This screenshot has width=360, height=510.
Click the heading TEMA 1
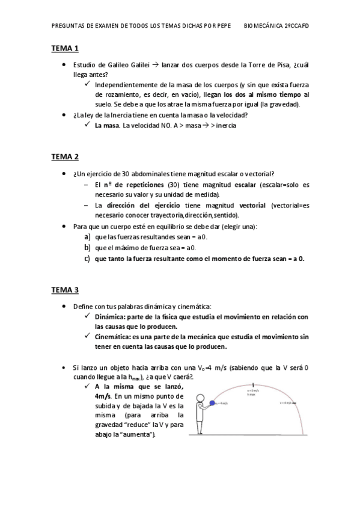click(64, 48)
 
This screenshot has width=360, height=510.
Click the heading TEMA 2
click(64, 157)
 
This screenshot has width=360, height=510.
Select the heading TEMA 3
click(64, 290)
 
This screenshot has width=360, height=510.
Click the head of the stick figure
click(201, 397)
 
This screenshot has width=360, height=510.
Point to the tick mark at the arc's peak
click(253, 384)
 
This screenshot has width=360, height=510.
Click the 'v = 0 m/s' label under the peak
click(253, 391)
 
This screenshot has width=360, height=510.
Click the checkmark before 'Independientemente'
click(88, 84)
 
